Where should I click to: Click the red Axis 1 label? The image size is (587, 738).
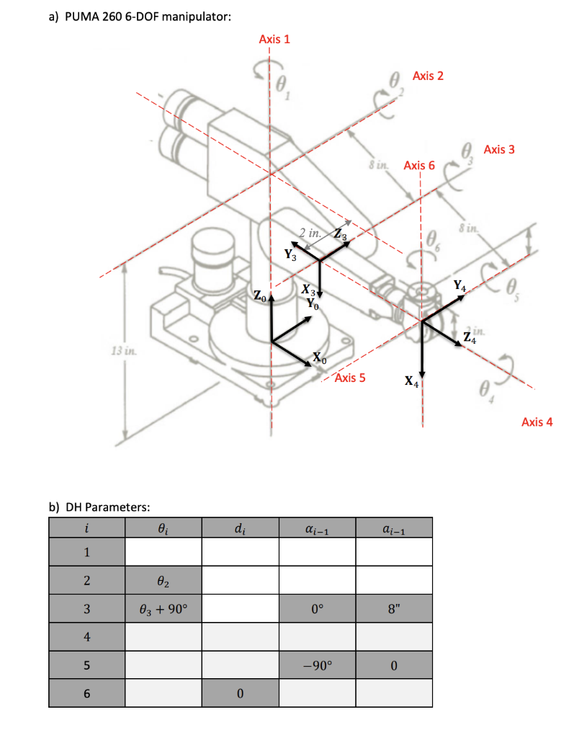(274, 39)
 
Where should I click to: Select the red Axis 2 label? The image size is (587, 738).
(429, 76)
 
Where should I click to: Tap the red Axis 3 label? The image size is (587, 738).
(499, 149)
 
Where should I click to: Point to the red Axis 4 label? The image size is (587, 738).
(537, 422)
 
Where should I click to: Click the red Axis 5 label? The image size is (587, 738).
(350, 378)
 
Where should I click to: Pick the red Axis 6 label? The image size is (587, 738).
(419, 166)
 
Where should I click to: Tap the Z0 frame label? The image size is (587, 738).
(259, 295)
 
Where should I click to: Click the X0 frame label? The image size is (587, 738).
(320, 358)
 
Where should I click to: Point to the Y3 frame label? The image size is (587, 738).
(289, 254)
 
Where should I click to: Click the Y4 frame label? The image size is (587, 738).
(460, 286)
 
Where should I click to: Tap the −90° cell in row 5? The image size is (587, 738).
(317, 664)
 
